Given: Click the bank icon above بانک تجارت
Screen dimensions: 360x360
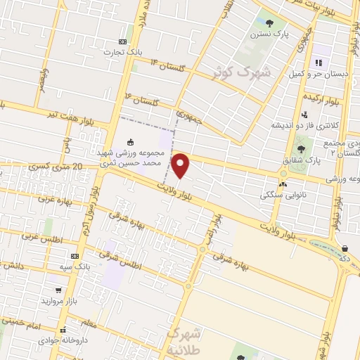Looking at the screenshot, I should (123, 41).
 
